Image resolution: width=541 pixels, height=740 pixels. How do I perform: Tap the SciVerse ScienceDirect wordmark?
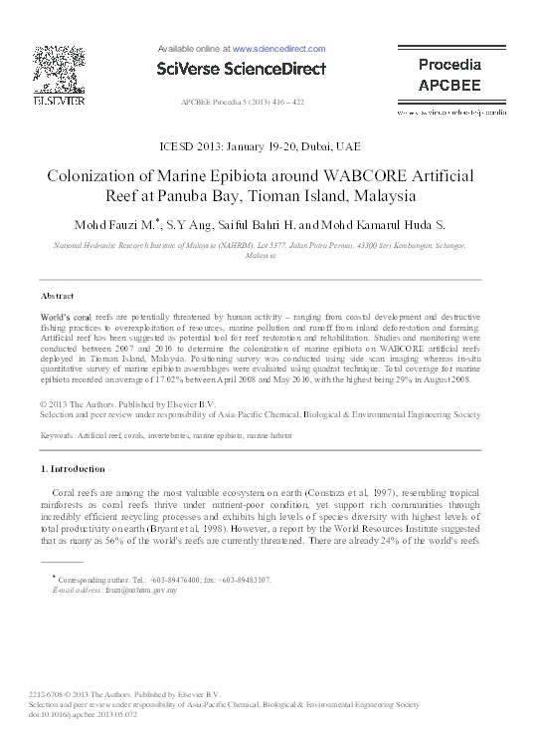242,69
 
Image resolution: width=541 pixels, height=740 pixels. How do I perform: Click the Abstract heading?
57,297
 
